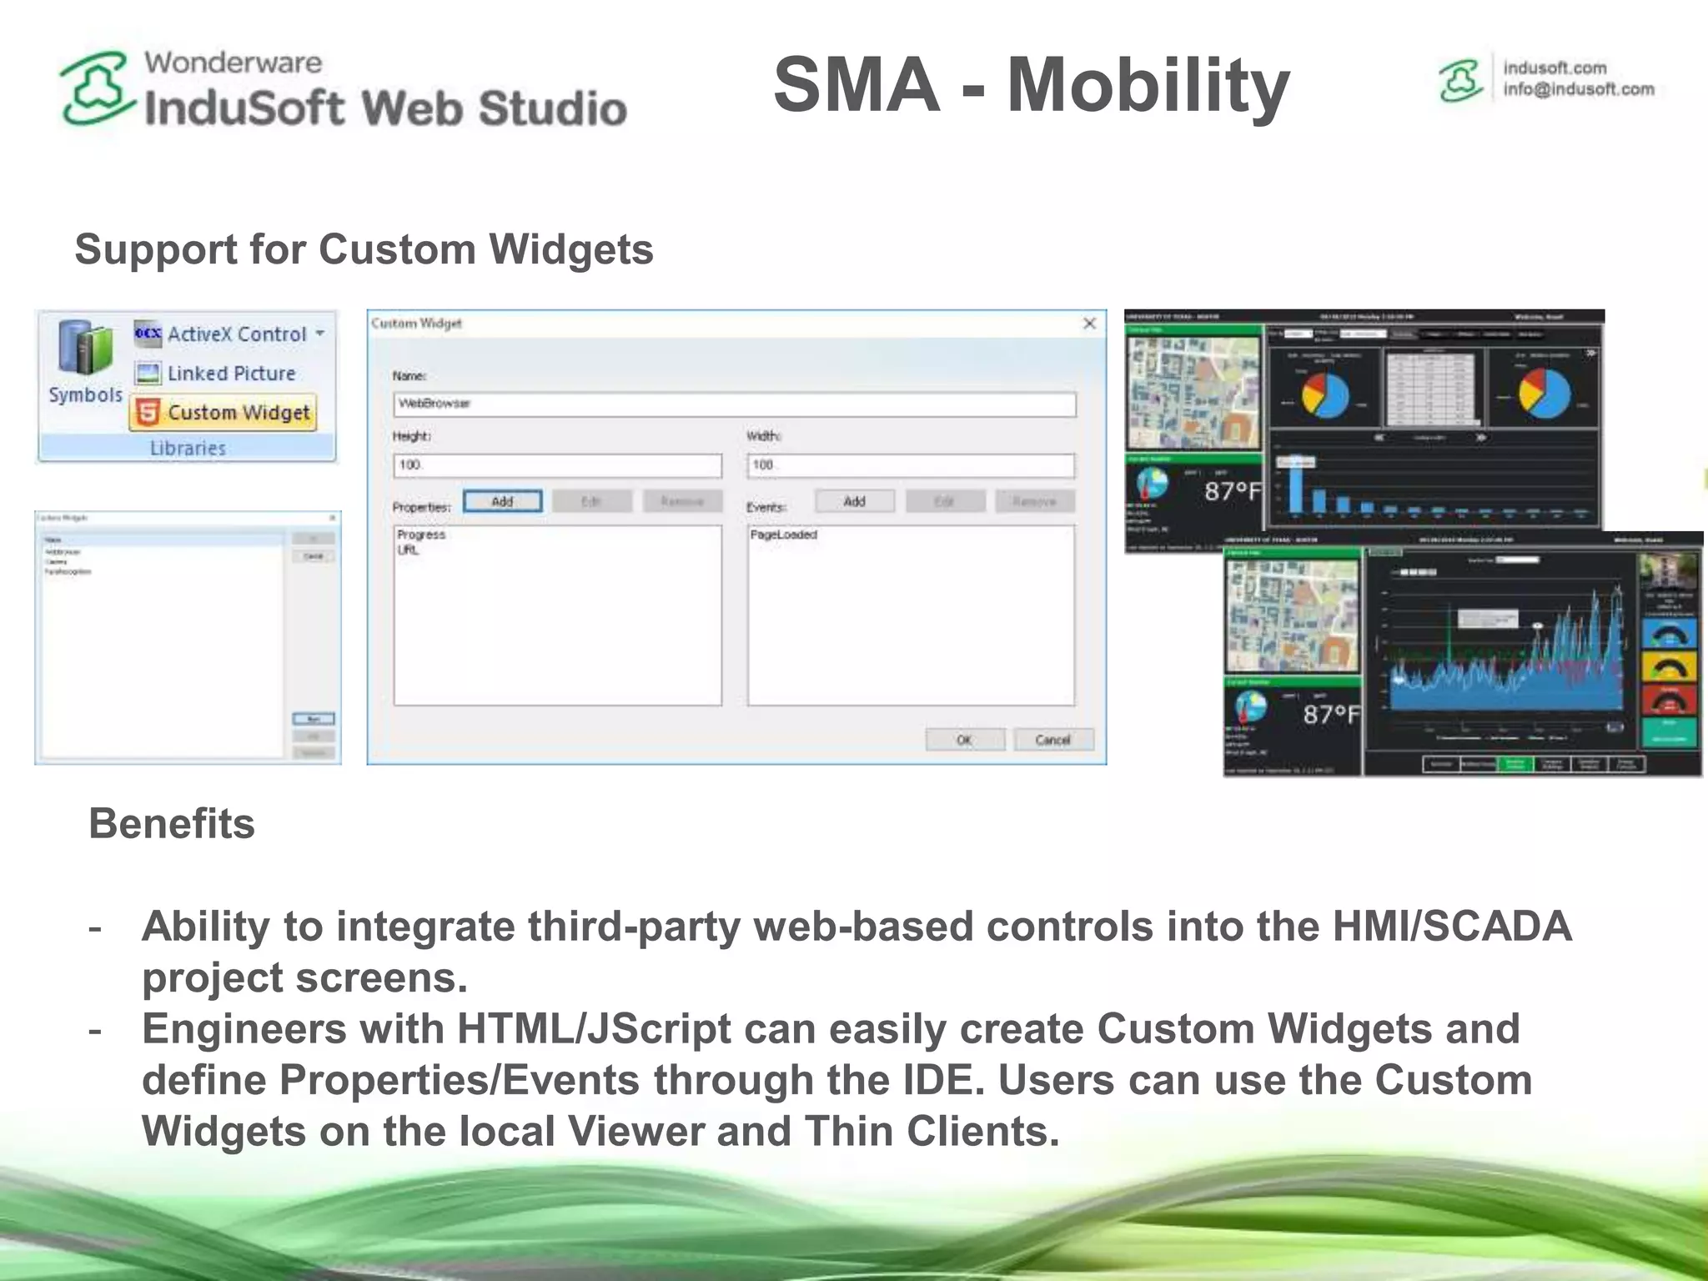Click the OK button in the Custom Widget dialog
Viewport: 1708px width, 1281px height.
click(x=964, y=740)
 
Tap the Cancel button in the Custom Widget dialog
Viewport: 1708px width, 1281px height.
click(x=1052, y=740)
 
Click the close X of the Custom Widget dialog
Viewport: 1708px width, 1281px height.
click(x=1089, y=324)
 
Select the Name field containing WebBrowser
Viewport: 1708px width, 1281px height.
click(x=734, y=404)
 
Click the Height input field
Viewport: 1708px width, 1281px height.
click(x=557, y=465)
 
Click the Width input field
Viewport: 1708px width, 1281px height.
click(x=911, y=465)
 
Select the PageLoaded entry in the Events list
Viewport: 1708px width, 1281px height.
click(x=783, y=535)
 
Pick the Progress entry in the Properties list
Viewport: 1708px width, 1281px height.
click(x=421, y=535)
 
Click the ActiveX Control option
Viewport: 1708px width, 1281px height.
click(x=236, y=334)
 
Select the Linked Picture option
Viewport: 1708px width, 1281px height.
click(x=230, y=374)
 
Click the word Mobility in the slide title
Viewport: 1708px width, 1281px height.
click(x=1148, y=85)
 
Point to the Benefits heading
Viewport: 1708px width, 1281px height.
click(x=172, y=824)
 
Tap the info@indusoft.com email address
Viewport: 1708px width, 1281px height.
click(x=1578, y=89)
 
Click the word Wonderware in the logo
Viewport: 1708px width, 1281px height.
click(x=233, y=63)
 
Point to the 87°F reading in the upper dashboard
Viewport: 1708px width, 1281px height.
click(x=1232, y=491)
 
